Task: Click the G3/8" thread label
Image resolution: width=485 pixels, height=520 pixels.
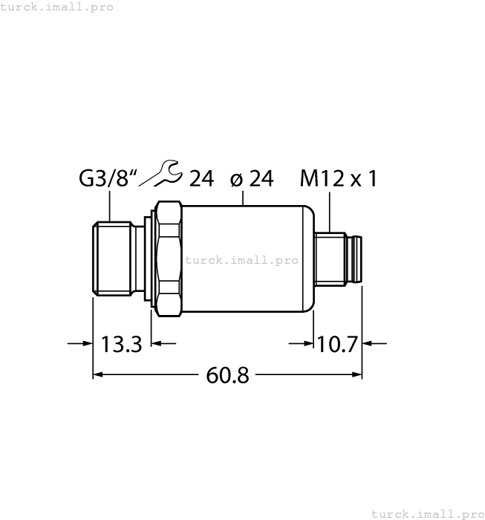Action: coord(108,179)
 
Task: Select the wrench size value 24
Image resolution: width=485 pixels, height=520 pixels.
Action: coord(201,179)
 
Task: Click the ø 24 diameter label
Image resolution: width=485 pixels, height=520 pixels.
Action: coord(252,179)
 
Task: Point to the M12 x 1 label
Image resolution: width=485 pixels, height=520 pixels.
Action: coord(338,179)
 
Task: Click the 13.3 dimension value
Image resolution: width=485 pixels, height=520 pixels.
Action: coord(121,344)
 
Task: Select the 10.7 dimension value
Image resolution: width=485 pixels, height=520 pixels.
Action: coord(337,344)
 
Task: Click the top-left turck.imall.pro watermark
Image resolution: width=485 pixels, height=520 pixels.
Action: coord(57,7)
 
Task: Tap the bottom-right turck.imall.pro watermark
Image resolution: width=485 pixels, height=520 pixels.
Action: coord(427,513)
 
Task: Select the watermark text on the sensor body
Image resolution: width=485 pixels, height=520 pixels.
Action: coord(241,260)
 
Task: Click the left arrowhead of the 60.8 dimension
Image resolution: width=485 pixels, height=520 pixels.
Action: coord(98,376)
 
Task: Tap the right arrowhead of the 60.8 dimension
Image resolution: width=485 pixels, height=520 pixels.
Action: coord(356,376)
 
